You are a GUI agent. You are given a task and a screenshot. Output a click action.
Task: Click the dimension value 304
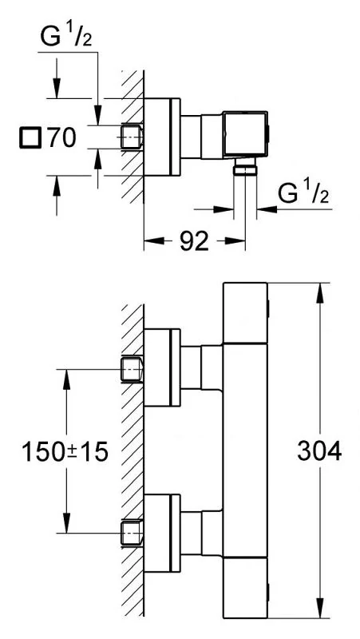point(319,451)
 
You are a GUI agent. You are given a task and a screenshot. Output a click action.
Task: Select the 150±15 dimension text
point(65,452)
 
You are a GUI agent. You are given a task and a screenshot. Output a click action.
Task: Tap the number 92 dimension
point(194,241)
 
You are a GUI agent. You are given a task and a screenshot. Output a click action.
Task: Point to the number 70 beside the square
point(61,137)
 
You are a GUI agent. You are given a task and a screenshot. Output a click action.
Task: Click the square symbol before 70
point(30,137)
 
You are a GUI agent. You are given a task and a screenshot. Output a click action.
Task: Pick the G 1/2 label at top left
point(65,37)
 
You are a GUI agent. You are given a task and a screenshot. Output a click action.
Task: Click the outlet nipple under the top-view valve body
point(245,166)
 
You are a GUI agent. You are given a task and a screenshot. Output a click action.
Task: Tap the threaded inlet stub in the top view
point(132,135)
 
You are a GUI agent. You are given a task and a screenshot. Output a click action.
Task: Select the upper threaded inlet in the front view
point(133,369)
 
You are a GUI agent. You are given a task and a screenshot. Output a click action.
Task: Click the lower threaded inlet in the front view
point(133,533)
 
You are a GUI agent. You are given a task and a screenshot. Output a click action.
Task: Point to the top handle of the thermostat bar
point(246,313)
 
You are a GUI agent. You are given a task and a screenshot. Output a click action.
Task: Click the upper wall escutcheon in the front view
point(162,367)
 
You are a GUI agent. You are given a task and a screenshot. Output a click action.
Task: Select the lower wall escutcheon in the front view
point(162,534)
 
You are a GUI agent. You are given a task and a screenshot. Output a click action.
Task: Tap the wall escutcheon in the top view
point(162,137)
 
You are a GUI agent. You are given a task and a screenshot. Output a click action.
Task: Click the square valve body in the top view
point(245,133)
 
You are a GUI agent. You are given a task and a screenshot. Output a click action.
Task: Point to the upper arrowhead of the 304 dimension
point(319,292)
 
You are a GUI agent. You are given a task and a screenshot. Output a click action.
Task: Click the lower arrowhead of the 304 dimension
point(319,608)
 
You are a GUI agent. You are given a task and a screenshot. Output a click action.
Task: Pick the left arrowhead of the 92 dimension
point(154,241)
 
